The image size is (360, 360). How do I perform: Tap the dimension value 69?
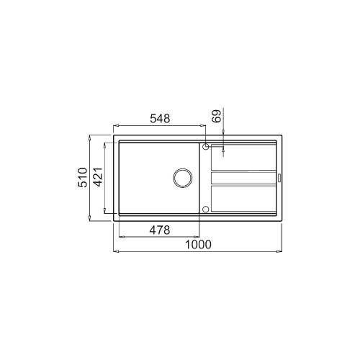[x=214, y=117]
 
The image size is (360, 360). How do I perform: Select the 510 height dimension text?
[x=83, y=176]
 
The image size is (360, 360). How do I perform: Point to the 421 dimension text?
[x=100, y=176]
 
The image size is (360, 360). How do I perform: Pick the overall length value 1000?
[x=197, y=244]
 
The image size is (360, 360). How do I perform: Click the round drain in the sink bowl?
[x=183, y=177]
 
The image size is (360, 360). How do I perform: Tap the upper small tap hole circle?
[x=207, y=147]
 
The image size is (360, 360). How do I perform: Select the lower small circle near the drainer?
[x=207, y=210]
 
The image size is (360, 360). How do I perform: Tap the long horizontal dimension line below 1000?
[x=197, y=252]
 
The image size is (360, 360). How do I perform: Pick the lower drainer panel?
[x=243, y=197]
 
